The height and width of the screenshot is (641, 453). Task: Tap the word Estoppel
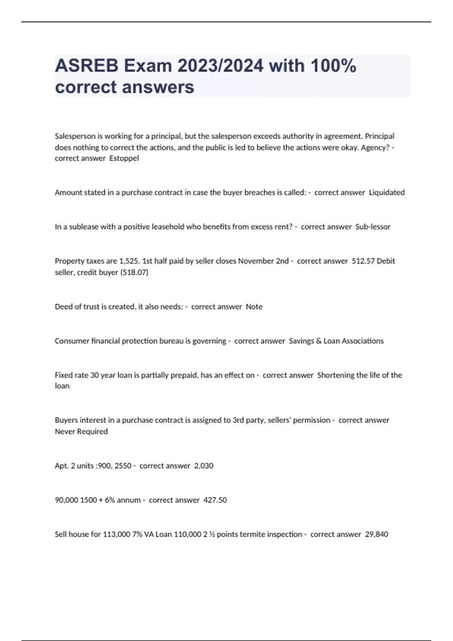tap(124, 158)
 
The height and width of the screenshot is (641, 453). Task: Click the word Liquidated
tap(387, 192)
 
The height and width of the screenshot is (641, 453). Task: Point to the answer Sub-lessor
tap(373, 227)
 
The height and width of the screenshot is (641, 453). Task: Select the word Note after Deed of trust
tap(254, 307)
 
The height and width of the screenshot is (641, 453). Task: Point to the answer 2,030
tap(204, 466)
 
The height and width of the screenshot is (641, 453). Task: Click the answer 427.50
tap(215, 500)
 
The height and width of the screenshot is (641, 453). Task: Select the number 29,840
tap(376, 534)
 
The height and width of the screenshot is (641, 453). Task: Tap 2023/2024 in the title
tap(220, 66)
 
